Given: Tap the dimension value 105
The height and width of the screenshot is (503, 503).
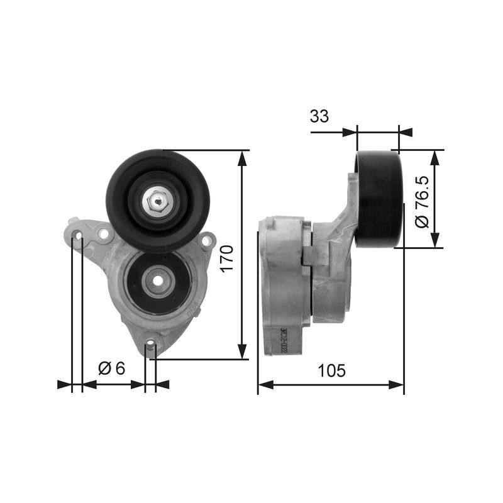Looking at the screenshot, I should click(x=331, y=371).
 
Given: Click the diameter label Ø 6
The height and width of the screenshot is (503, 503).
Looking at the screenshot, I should click(x=113, y=368).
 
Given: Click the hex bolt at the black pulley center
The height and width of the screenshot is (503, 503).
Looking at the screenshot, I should click(x=157, y=201).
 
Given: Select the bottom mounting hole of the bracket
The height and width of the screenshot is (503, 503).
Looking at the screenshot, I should click(x=150, y=344).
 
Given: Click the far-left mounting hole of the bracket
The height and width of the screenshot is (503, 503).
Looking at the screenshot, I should click(x=77, y=236).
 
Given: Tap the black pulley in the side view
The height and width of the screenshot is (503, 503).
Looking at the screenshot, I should click(x=379, y=198).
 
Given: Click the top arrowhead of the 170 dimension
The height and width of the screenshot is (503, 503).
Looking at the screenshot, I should click(x=242, y=157).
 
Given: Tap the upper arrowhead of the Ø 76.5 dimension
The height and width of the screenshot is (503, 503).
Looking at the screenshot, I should click(x=434, y=157).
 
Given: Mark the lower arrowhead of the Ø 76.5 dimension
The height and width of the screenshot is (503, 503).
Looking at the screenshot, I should click(x=434, y=241).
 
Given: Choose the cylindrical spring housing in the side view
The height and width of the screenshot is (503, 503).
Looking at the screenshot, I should click(x=286, y=283).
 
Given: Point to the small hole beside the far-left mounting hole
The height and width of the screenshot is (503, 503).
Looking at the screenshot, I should click(x=102, y=235).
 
